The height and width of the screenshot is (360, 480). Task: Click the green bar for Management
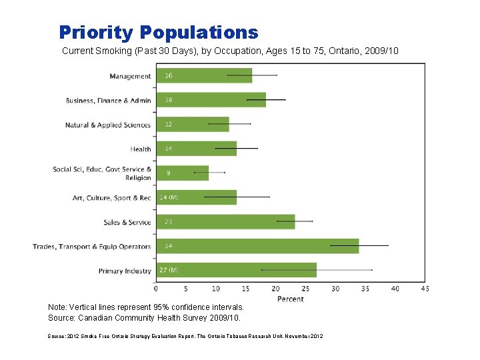(204, 75)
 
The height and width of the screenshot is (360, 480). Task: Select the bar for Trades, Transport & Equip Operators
(257, 246)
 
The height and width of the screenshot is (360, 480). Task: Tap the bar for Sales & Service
(225, 222)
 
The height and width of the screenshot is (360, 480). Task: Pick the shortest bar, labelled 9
(183, 173)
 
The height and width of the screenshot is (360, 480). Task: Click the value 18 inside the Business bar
(169, 100)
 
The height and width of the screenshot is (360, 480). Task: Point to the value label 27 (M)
(169, 270)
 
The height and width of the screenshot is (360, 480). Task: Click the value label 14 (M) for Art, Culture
(169, 197)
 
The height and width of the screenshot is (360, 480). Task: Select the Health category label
(141, 149)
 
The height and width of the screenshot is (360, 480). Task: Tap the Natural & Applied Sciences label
(108, 125)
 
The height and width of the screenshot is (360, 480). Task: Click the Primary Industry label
(125, 271)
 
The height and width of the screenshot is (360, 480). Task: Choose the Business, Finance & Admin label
(108, 101)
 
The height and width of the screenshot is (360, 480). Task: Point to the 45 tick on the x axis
(425, 289)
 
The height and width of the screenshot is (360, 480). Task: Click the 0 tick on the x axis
(156, 289)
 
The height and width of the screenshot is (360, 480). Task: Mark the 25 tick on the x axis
(305, 289)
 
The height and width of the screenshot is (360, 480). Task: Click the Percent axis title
(290, 299)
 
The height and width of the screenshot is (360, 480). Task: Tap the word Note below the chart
(57, 307)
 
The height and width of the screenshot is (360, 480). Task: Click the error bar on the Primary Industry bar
(317, 269)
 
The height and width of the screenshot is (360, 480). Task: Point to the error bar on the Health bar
(236, 148)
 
